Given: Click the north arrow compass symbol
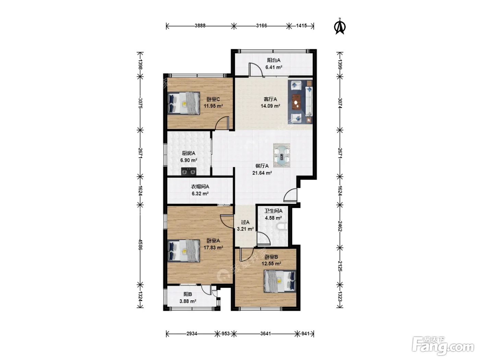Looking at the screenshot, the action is click(340, 27).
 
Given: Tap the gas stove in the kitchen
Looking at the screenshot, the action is click(189, 171).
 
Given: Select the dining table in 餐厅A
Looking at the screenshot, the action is click(282, 155).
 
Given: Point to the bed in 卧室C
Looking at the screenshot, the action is click(184, 103).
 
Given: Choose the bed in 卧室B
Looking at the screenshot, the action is click(280, 281).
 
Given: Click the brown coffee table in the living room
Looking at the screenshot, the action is click(296, 101).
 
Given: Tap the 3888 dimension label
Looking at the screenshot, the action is click(200, 26).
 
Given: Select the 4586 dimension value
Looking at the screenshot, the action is click(140, 245).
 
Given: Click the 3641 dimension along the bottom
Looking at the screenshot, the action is click(265, 334).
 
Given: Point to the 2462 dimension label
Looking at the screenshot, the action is click(340, 226).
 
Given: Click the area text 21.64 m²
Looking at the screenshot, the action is click(262, 173).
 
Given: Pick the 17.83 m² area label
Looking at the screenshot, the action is click(213, 248).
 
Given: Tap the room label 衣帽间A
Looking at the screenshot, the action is click(200, 187).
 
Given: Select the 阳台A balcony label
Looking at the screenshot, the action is click(274, 60).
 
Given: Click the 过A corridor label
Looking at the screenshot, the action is click(245, 222).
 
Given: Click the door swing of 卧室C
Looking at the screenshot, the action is click(221, 123).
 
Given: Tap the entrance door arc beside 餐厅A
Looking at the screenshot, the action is click(290, 195).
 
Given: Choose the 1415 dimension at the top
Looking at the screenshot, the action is click(301, 26).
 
